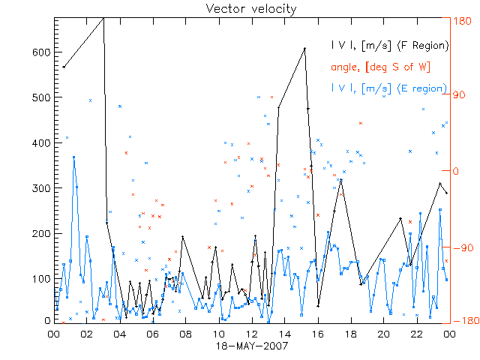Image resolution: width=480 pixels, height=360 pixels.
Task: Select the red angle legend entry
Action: click(379, 67)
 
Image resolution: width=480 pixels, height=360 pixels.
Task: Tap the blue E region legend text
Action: click(389, 88)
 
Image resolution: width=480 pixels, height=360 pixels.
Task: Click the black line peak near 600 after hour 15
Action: click(304, 49)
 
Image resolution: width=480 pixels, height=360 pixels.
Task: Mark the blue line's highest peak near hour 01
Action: click(73, 157)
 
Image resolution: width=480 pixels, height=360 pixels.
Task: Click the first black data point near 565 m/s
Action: click(64, 67)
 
